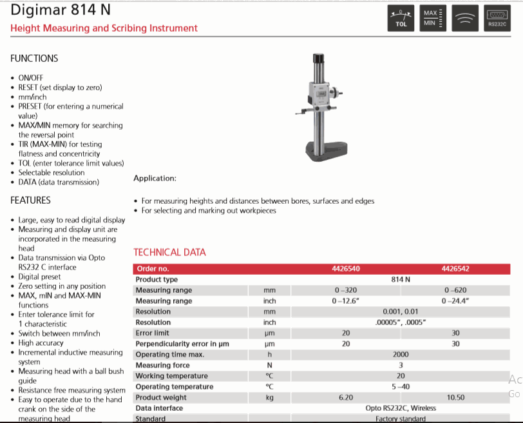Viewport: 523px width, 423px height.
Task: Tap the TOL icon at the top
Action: coord(401,19)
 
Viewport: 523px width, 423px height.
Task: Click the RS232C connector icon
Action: coord(497,19)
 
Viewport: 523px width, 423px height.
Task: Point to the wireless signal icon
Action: coord(465,19)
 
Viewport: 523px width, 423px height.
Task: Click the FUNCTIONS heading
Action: coord(34,58)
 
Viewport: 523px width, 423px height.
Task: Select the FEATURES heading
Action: coord(30,201)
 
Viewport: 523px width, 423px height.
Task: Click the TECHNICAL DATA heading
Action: coord(169,252)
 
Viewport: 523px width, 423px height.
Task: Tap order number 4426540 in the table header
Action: coord(346,269)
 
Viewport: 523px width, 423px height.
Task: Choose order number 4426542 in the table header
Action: coord(455,269)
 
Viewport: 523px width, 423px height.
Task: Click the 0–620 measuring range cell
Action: coord(455,290)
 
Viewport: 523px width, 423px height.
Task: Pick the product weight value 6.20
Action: coord(346,397)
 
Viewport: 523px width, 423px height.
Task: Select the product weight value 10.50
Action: coord(455,397)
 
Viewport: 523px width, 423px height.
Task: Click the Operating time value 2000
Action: coord(401,355)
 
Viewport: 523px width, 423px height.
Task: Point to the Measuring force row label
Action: coord(162,365)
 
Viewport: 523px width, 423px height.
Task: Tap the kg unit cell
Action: coord(270,397)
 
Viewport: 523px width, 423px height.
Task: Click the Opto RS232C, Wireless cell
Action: coord(401,408)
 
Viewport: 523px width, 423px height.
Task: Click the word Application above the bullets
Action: coord(155,178)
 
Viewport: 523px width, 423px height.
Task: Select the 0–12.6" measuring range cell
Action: coord(346,301)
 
